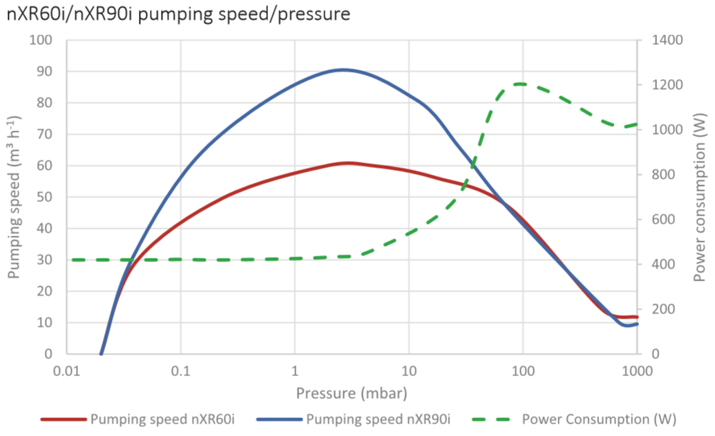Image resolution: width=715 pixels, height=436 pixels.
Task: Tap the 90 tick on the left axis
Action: (x=46, y=72)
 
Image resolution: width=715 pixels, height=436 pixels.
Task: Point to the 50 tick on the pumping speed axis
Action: (x=46, y=197)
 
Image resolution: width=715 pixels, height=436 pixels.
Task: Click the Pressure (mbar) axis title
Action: (x=352, y=393)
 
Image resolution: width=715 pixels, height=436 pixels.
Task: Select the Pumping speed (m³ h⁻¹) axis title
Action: (x=15, y=197)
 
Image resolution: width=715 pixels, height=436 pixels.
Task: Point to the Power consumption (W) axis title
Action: (x=700, y=197)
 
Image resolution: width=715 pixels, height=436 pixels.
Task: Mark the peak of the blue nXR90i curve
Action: (x=343, y=69)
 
